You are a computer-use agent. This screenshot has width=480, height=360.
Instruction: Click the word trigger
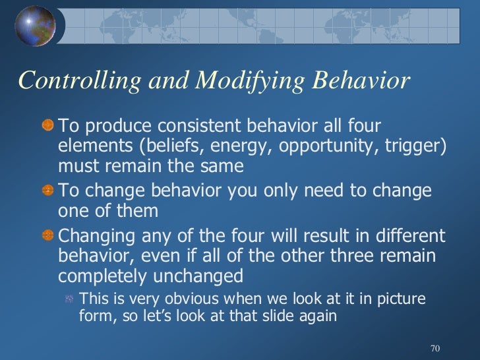tap(409, 146)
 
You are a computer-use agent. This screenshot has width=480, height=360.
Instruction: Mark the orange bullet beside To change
tap(47, 192)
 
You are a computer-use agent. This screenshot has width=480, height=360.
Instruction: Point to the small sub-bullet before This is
tap(68, 299)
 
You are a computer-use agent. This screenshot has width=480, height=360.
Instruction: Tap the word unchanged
tap(204, 275)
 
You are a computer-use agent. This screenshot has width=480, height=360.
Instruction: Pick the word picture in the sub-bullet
tap(402, 298)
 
